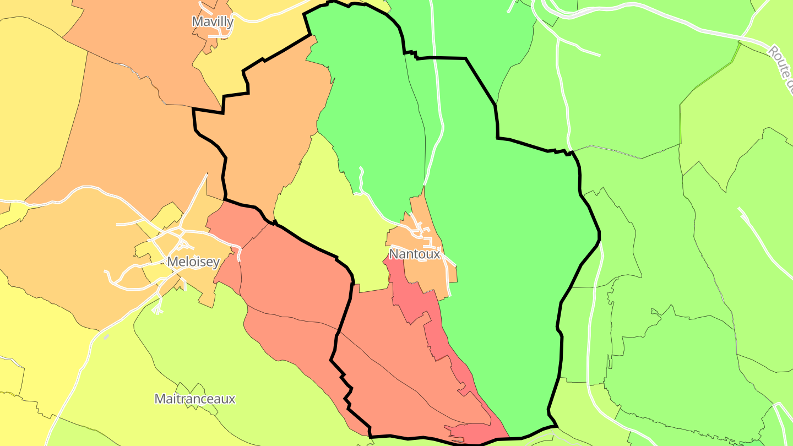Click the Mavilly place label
point(213,21)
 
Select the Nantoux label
point(415,254)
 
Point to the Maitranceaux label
point(195,399)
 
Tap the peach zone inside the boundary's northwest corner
point(264,138)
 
